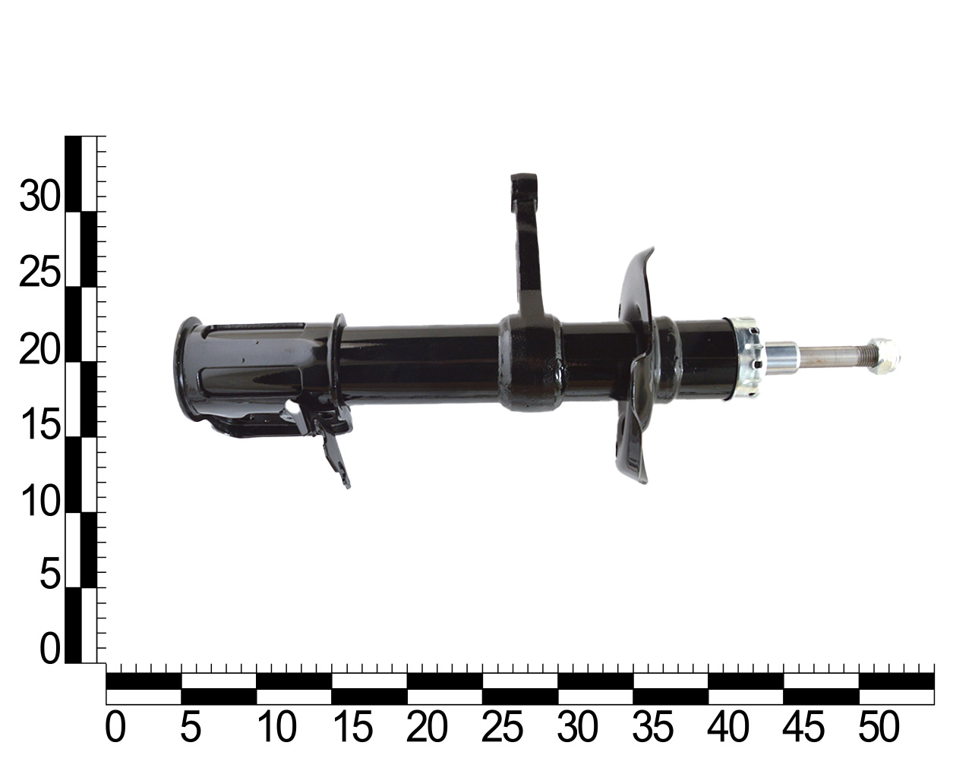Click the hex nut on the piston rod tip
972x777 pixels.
pyautogui.click(x=883, y=356)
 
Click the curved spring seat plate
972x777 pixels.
pyautogui.click(x=637, y=366)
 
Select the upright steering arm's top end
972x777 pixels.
pyautogui.click(x=524, y=185)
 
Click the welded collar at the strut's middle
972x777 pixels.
pyautogui.click(x=530, y=363)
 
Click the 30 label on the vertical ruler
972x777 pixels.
pyautogui.click(x=39, y=197)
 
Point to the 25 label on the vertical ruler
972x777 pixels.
pyautogui.click(x=39, y=272)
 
